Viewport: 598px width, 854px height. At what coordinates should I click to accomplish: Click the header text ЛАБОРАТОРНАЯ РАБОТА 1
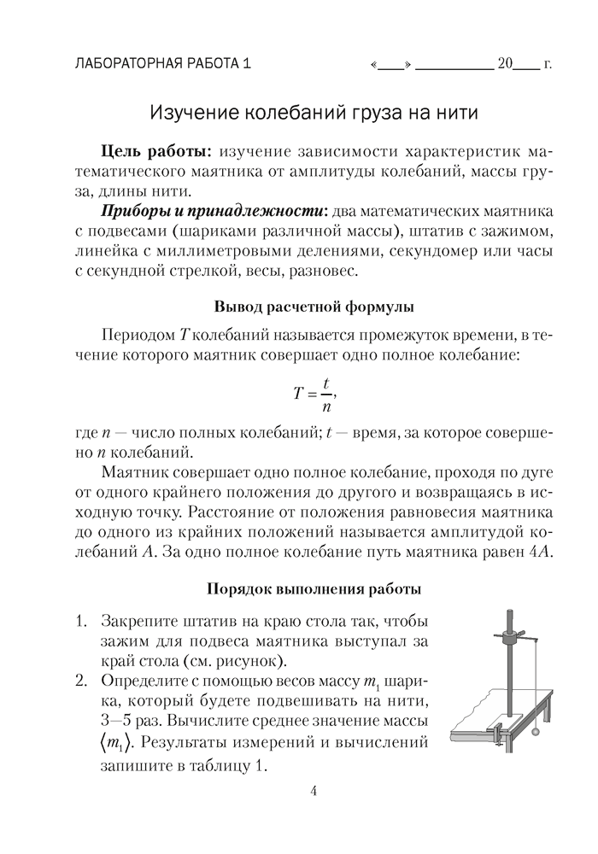click(164, 63)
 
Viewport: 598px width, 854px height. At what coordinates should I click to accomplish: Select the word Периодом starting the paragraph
click(137, 334)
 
